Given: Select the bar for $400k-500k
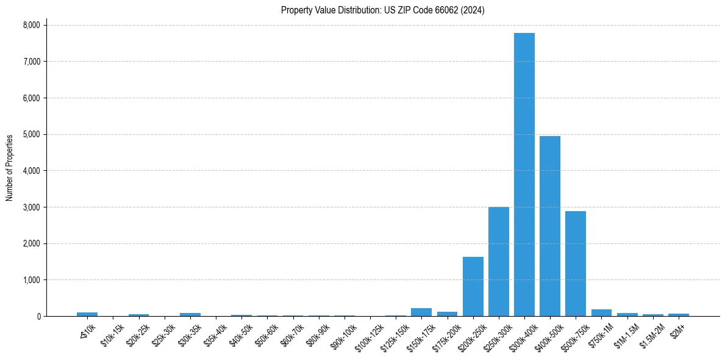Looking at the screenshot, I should coord(549,226).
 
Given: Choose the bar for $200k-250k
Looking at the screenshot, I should coord(473,287).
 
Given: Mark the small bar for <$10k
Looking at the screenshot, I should coord(87,314).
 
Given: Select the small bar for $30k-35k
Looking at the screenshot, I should coord(190,315).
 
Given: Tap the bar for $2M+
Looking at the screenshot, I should coord(678,315).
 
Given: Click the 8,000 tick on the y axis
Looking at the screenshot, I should coord(31,25).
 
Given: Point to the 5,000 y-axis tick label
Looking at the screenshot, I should coord(31,134).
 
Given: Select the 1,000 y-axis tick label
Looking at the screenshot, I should coord(31,280).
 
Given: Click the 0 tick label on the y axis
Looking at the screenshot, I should coord(39,317).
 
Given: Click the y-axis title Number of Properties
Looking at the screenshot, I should coord(10,168).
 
